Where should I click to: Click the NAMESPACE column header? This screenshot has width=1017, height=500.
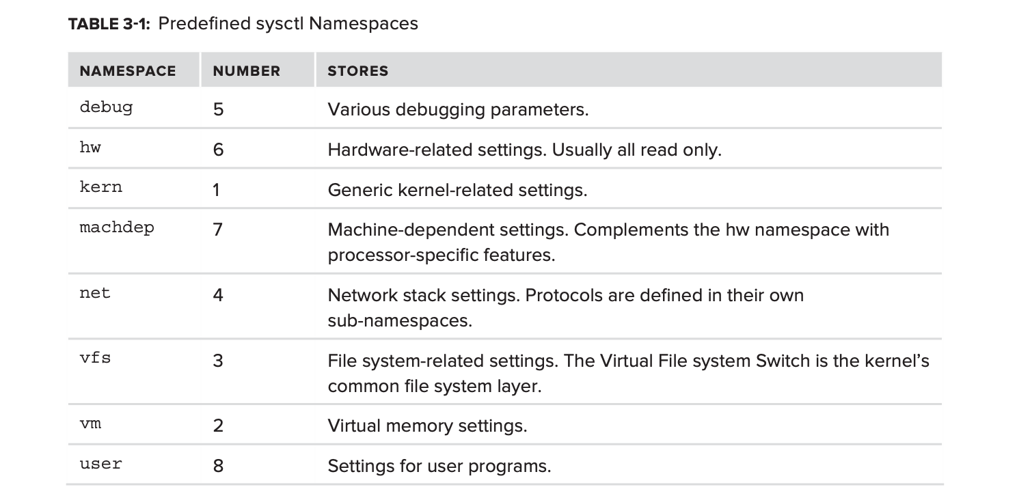point(128,71)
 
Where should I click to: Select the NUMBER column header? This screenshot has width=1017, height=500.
point(247,71)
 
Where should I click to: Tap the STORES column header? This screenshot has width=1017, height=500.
point(357,71)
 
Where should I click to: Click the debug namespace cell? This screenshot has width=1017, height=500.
point(106,108)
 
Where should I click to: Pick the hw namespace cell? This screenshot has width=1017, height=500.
point(90,147)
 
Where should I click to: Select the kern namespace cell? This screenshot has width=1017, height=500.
point(100,187)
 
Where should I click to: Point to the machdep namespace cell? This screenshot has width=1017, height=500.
point(117,227)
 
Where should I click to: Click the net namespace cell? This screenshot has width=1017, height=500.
point(95,293)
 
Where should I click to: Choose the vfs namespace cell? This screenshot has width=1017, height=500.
point(95,358)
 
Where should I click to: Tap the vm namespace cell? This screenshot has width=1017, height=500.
point(90,424)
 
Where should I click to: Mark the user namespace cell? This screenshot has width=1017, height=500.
point(100,464)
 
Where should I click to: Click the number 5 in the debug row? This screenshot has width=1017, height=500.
point(219,109)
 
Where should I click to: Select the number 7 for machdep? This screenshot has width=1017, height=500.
point(218,230)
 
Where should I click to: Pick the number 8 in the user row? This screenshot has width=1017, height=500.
point(219,466)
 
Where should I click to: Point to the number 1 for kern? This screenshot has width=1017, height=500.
point(216,190)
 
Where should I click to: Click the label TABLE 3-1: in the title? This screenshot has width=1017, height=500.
point(109,24)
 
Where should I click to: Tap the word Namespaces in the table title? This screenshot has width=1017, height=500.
point(363,24)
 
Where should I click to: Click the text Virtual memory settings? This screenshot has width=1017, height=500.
point(427,426)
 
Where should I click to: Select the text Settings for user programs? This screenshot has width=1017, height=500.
point(439,467)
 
